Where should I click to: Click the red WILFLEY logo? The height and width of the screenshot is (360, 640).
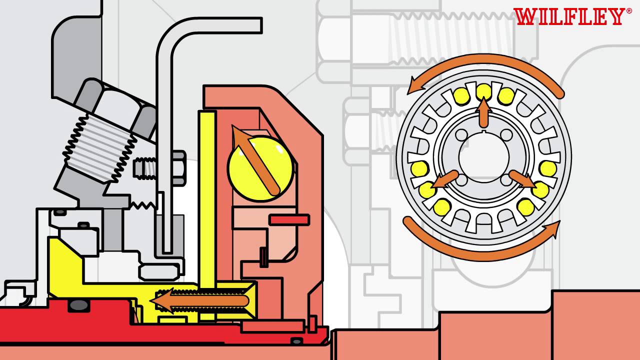coord(569,16)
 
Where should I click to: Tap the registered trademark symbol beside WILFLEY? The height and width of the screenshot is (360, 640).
coord(629,11)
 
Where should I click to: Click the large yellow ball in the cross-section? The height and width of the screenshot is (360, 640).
coord(260,168)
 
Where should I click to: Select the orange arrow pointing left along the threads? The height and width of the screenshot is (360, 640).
coord(199,300)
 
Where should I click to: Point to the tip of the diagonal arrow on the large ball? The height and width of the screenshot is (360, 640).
coord(233,126)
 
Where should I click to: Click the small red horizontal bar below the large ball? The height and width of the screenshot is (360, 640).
coord(289,220)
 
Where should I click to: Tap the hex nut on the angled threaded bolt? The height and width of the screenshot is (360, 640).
coord(115,108)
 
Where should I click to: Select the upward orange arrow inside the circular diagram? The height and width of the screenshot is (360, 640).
coord(483,112)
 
